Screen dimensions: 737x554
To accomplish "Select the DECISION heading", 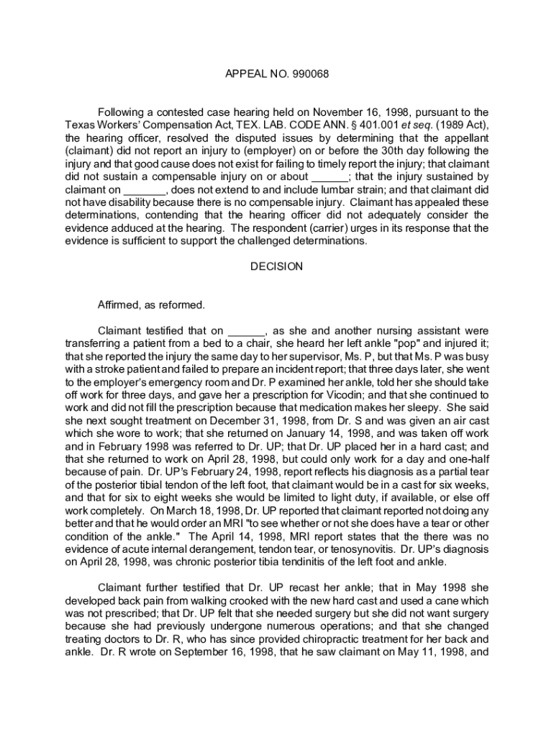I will tap(276, 266).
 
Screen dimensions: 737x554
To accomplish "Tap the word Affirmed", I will tap(122, 304).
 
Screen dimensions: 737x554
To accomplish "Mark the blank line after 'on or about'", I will tap(330, 176).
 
